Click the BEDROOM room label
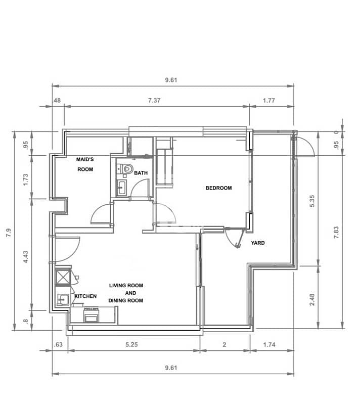pos(218,188)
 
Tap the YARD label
pos(258,243)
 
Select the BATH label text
pos(141,173)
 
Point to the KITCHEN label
pos(85,296)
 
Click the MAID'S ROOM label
pos(85,164)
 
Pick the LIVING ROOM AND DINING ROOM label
pos(126,293)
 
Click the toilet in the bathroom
pos(127,168)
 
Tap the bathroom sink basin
pos(121,188)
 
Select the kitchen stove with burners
pos(91,314)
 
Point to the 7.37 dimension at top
pos(154,101)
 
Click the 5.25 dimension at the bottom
pos(132,345)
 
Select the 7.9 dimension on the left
pos(9,233)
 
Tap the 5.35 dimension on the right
pos(312,201)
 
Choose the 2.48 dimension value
pos(312,300)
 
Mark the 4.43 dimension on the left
pos(26,257)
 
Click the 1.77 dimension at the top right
pos(269,101)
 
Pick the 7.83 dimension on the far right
pos(336,232)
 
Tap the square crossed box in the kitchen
pos(63,277)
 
